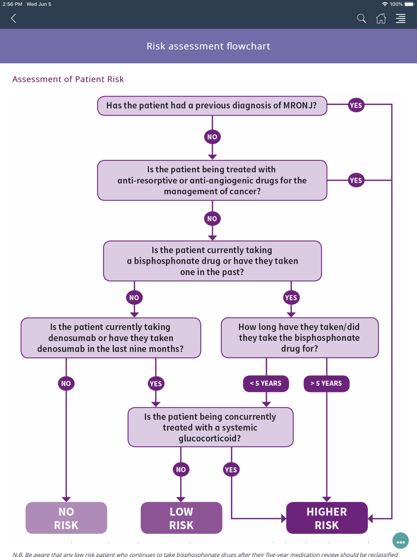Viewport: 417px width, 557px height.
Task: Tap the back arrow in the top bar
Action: (13, 18)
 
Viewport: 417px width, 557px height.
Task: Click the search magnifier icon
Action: (361, 18)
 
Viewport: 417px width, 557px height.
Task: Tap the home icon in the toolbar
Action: (381, 18)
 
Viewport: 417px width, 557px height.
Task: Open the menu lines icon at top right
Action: (400, 18)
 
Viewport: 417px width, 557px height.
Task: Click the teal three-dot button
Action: (400, 542)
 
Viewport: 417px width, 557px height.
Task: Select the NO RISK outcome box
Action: (66, 518)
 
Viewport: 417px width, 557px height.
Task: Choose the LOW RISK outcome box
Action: (181, 518)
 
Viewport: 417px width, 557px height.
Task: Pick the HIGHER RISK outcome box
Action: (327, 518)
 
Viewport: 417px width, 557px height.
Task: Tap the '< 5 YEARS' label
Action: (266, 383)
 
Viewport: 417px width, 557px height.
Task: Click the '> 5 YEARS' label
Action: (326, 383)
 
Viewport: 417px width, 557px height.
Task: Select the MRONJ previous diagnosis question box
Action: (212, 106)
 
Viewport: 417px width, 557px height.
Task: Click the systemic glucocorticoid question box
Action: (210, 427)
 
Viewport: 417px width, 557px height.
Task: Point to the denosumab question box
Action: (111, 338)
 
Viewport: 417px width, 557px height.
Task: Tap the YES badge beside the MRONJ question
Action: (356, 106)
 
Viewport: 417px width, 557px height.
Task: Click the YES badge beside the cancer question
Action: (356, 180)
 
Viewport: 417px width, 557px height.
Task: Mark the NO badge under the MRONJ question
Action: (212, 137)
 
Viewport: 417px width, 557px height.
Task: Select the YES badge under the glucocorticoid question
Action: (231, 470)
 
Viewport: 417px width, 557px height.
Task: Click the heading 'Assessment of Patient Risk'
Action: (68, 79)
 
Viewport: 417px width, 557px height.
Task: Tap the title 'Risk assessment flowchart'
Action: (208, 46)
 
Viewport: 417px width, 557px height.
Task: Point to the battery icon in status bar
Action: (409, 4)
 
